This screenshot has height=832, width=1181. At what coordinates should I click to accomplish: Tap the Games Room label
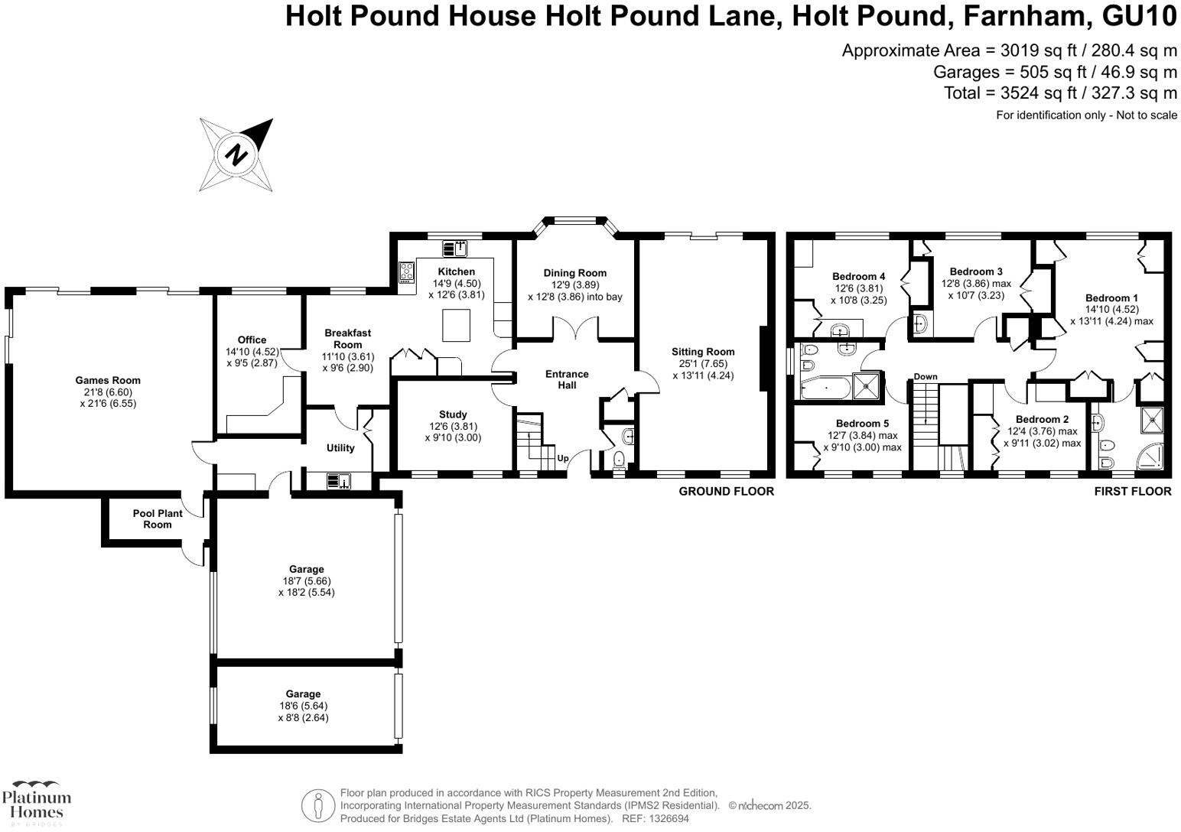(108, 380)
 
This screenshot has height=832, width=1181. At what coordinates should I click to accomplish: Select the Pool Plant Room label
(158, 518)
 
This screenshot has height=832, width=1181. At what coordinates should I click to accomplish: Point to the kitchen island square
(456, 326)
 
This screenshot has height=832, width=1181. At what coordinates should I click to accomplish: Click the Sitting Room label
(703, 352)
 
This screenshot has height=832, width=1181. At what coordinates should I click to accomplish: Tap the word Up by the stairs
(562, 458)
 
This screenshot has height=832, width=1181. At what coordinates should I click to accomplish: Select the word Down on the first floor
(926, 376)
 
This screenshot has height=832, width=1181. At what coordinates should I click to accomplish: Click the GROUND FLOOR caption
(726, 492)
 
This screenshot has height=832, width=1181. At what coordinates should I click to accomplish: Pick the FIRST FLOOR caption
(1133, 492)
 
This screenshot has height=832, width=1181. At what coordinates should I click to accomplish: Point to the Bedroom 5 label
(862, 424)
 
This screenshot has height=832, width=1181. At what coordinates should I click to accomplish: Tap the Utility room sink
(339, 481)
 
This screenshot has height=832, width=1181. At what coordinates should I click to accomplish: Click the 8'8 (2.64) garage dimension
(303, 717)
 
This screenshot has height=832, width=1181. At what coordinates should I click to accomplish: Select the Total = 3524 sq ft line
(1060, 93)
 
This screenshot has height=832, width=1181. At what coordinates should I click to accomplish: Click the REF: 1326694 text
(656, 819)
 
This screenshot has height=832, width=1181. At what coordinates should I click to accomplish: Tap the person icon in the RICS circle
(318, 806)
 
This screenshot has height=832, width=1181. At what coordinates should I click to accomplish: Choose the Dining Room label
(574, 273)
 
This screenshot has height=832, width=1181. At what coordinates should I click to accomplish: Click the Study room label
(453, 414)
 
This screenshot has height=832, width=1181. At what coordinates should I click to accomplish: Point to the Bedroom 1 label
(1111, 298)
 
